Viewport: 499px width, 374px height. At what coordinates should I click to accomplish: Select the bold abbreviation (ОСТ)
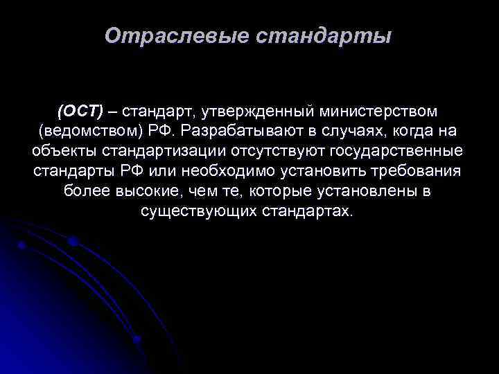pos(80,111)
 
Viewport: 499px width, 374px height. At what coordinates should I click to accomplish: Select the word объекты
pos(63,151)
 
